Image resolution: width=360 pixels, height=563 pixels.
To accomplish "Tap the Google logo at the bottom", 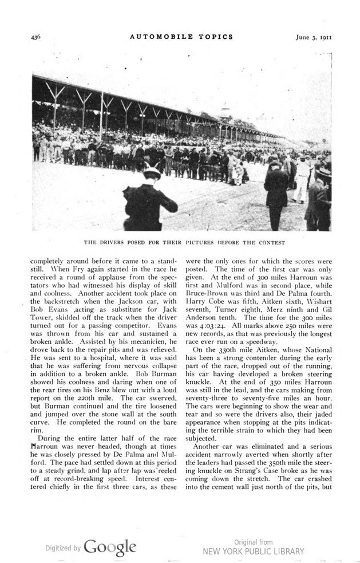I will point(110,547).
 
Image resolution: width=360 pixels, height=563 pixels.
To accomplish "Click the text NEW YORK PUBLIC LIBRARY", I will point(254,552).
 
